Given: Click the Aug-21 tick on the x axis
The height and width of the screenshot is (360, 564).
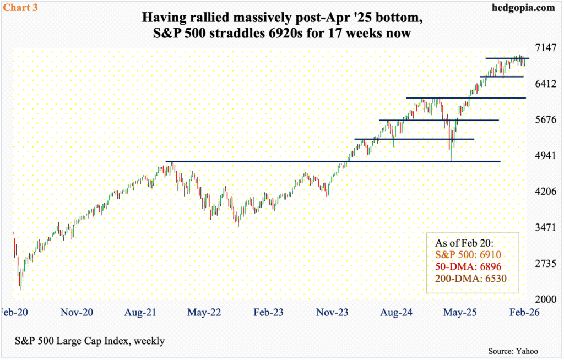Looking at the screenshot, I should tap(140, 312).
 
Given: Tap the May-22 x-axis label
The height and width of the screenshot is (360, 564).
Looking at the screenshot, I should tap(204, 312).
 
